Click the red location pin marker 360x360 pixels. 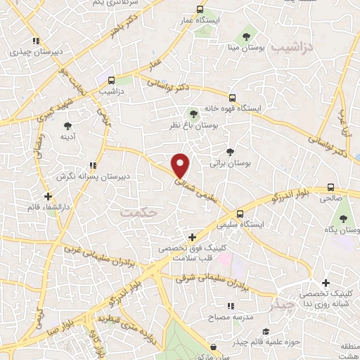(181, 166)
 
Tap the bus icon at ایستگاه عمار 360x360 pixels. (200, 10)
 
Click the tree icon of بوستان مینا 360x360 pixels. (247, 35)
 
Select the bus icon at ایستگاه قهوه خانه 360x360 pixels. (233, 97)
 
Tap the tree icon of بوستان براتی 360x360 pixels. (231, 151)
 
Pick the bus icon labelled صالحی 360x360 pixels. (330, 188)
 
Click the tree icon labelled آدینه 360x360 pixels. (67, 126)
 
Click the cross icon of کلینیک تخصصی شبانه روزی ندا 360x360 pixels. (326, 282)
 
